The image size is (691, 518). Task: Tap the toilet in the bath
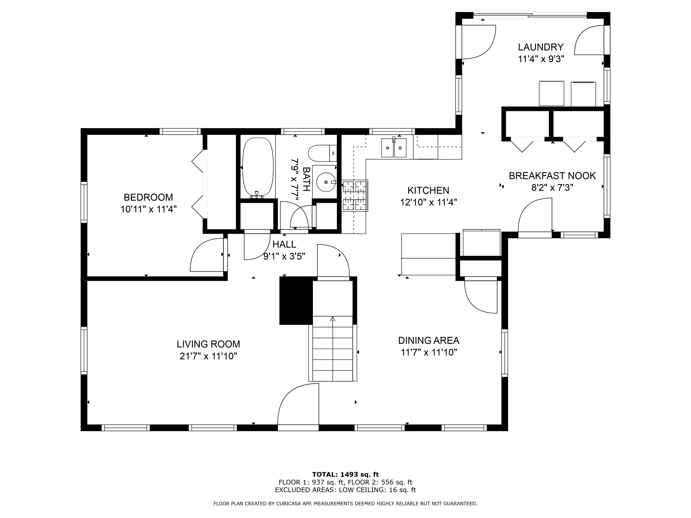(322, 153)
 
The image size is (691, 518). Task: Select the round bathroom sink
(326, 182)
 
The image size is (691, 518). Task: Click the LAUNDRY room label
(541, 47)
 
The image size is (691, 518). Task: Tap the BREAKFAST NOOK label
(552, 176)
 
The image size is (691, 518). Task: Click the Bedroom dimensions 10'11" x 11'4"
(149, 209)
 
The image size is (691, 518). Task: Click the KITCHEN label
(428, 190)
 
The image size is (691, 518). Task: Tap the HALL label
(284, 244)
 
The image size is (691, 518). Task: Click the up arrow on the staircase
(333, 319)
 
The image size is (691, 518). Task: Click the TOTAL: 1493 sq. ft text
(345, 475)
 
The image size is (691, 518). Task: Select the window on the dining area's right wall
(505, 353)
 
